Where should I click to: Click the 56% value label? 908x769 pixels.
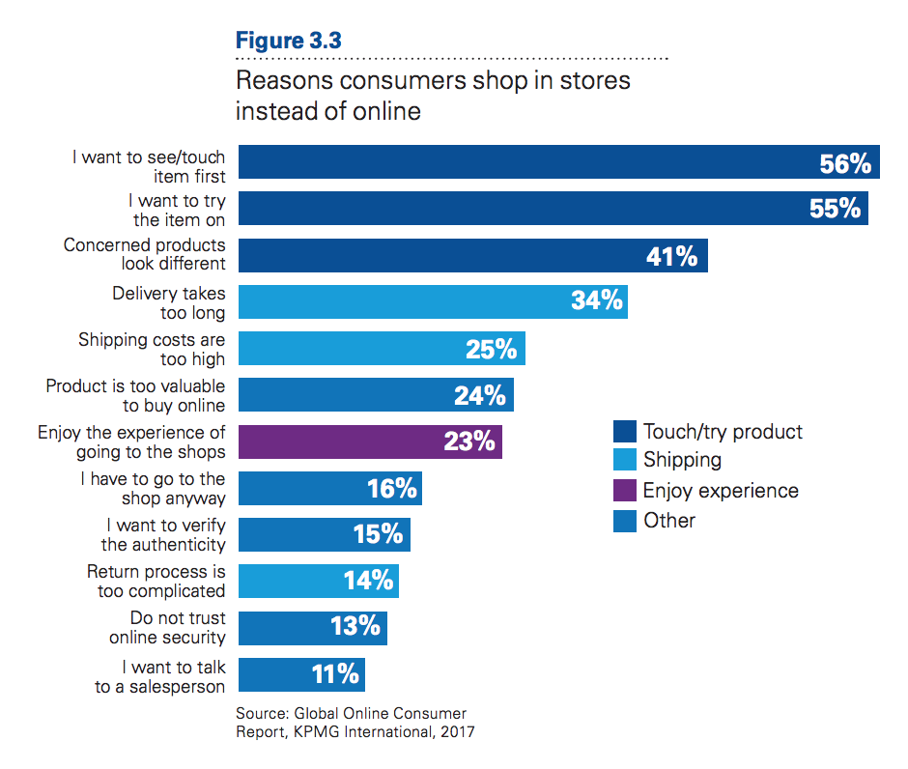click(845, 164)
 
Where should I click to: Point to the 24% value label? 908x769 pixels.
click(480, 395)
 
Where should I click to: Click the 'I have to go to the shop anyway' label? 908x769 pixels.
click(153, 488)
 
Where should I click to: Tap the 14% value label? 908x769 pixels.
click(368, 581)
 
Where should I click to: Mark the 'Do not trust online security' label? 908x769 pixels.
click(166, 627)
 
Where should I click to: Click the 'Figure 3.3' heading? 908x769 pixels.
click(289, 41)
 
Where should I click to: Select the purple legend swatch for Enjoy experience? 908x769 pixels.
click(625, 491)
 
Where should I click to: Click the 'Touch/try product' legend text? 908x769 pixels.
click(723, 432)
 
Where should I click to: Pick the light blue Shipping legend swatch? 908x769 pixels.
click(625, 461)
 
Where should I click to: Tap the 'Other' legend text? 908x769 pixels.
click(669, 521)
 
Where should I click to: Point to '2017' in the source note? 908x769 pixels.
click(455, 732)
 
